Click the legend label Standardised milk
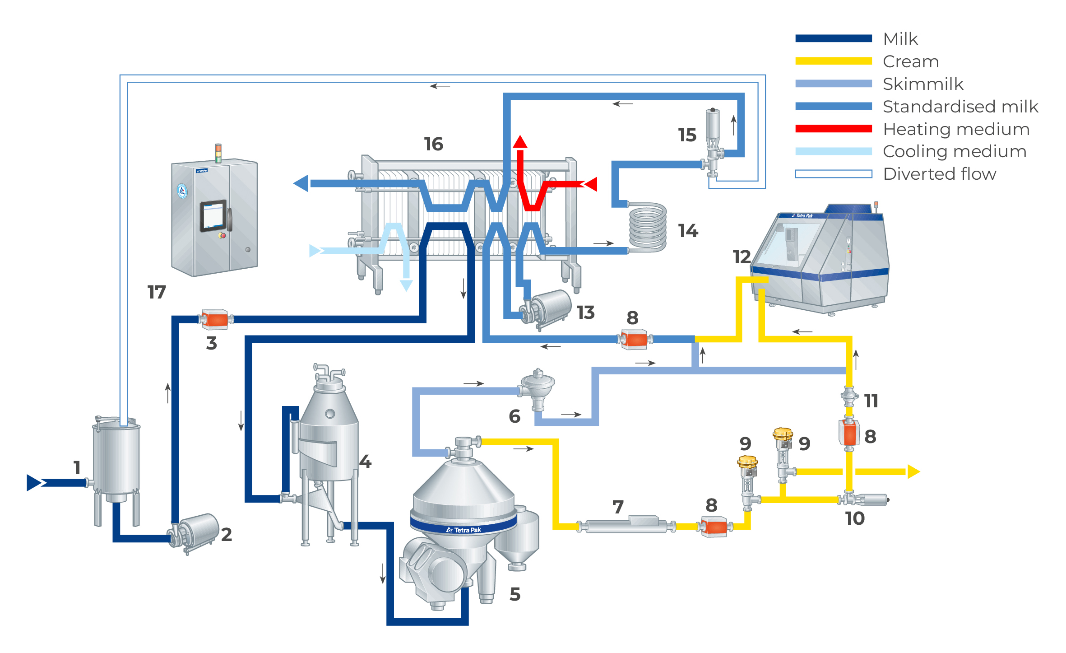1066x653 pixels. (x=960, y=107)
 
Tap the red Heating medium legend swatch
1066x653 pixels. (x=833, y=129)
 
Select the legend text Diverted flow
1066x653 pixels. (x=939, y=174)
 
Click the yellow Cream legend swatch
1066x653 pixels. (x=833, y=61)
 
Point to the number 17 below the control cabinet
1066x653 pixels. (x=157, y=292)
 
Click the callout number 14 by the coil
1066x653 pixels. (x=688, y=231)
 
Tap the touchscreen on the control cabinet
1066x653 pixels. (x=213, y=216)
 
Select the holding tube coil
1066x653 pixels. (x=648, y=227)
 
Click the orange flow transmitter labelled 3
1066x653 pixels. (x=215, y=319)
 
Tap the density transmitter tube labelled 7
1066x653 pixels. (x=626, y=525)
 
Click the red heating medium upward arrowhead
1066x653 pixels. (x=520, y=142)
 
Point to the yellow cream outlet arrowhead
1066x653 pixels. (x=913, y=471)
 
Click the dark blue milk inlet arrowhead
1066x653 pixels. (x=35, y=482)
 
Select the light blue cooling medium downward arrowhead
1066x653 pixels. (x=406, y=285)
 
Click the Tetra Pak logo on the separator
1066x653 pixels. (x=463, y=530)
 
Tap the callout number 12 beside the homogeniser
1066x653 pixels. (x=742, y=257)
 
